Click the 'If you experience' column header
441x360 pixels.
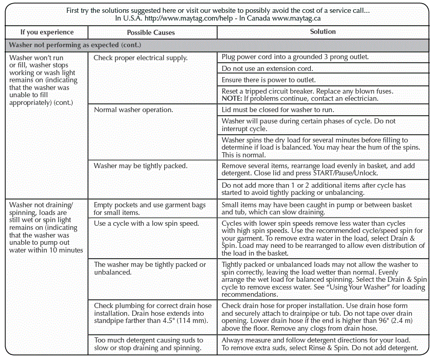(47, 32)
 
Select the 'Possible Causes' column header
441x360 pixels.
(151, 32)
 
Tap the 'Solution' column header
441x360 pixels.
(323, 32)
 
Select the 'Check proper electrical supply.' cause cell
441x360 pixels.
(140, 58)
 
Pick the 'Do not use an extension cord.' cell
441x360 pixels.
(267, 68)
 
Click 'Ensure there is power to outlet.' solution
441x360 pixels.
(269, 80)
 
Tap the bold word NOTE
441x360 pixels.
(232, 98)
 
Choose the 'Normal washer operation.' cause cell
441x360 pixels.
(133, 110)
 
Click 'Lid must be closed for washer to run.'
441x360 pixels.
(278, 110)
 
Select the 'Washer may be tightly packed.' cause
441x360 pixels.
(140, 166)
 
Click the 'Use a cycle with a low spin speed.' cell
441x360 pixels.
(146, 223)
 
